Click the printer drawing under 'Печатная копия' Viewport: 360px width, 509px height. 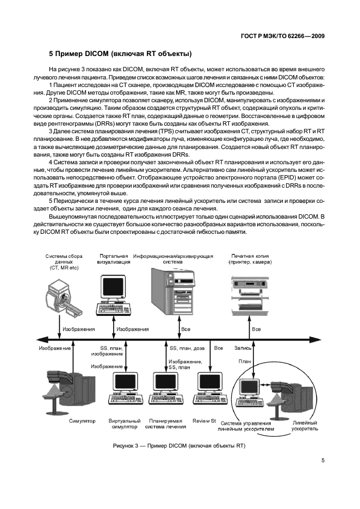pyautogui.click(x=251, y=294)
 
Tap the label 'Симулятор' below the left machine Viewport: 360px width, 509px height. pyautogui.click(x=82, y=421)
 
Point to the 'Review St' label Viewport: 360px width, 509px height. pyautogui.click(x=204, y=421)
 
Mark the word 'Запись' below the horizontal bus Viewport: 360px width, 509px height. pyautogui.click(x=243, y=347)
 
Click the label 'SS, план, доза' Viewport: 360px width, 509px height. pyautogui.click(x=187, y=347)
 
